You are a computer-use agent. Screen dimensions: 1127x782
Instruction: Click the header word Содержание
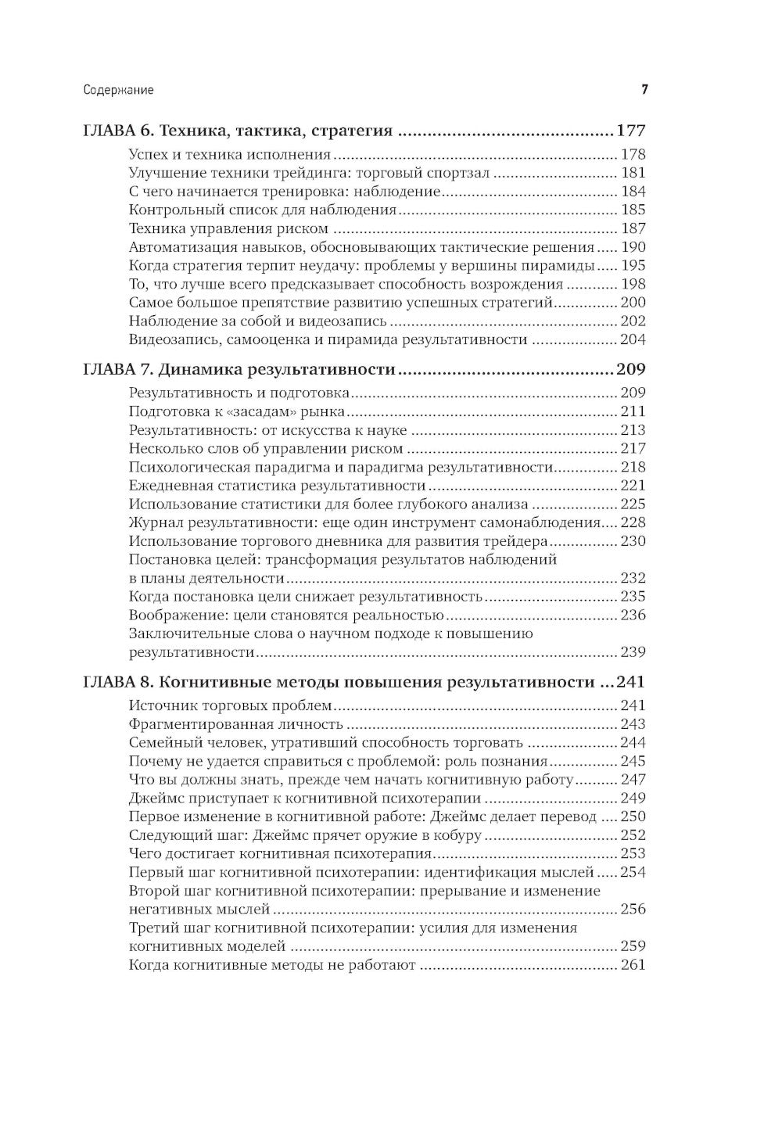[x=118, y=90]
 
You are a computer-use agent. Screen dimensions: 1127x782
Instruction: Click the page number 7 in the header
[x=644, y=90]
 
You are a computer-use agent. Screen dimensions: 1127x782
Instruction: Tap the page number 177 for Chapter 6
[x=631, y=131]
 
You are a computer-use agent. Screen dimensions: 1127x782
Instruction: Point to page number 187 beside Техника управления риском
[x=633, y=228]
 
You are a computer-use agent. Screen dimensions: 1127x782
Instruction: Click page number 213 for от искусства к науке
[x=633, y=429]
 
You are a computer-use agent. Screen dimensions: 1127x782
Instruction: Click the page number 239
[x=633, y=651]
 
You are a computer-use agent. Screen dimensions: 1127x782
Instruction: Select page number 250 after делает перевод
[x=633, y=817]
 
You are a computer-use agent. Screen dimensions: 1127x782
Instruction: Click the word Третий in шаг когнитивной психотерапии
[x=154, y=928]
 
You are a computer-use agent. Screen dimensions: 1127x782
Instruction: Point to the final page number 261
[x=633, y=964]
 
